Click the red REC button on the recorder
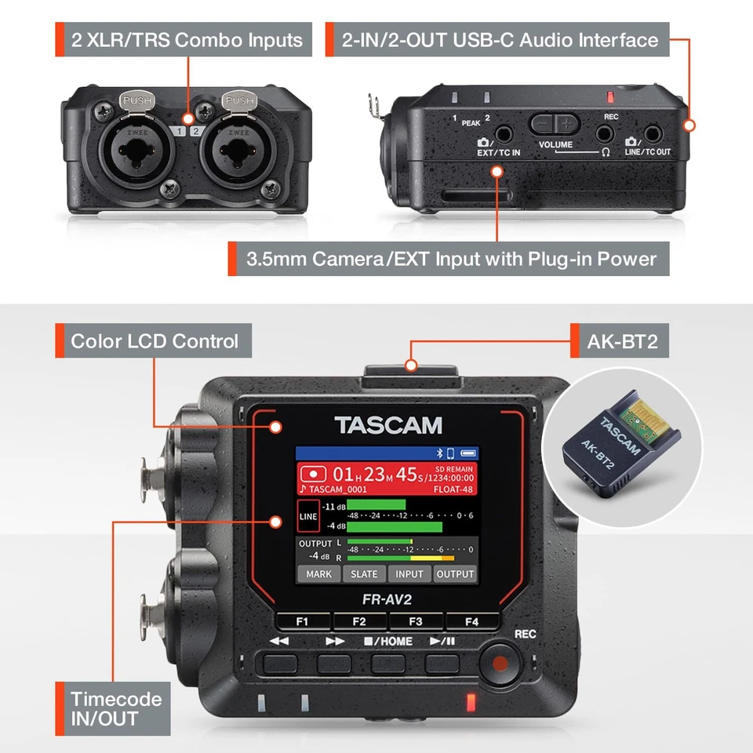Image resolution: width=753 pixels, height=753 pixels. pyautogui.click(x=496, y=665)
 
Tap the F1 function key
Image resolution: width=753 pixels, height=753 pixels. pyautogui.click(x=302, y=622)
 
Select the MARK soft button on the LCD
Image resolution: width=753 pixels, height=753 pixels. pyautogui.click(x=318, y=574)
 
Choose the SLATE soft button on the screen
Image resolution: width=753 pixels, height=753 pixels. pyautogui.click(x=364, y=574)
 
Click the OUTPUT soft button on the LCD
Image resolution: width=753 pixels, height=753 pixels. pyautogui.click(x=455, y=574)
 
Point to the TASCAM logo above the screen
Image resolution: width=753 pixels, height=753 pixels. pyautogui.click(x=388, y=426)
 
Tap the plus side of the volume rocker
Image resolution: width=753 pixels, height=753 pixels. pyautogui.click(x=566, y=123)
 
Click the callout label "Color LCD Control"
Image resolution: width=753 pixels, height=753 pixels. pyautogui.click(x=154, y=341)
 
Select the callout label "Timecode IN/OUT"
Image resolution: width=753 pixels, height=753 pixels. pyautogui.click(x=115, y=708)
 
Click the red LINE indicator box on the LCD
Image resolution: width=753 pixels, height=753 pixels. pyautogui.click(x=308, y=517)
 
